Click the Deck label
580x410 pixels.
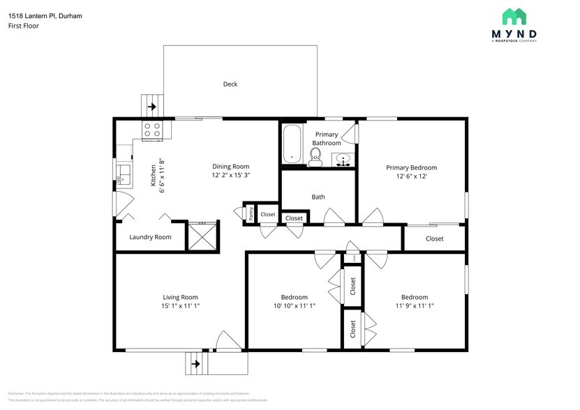230,84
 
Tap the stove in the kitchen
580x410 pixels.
152,129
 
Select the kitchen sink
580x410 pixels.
123,173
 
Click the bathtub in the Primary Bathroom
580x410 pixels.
292,144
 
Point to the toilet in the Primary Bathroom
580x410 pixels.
315,156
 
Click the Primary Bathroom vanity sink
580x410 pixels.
343,160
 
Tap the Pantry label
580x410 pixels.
250,214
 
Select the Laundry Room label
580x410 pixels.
150,237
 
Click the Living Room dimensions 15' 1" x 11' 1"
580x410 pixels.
181,305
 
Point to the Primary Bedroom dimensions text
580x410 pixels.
412,176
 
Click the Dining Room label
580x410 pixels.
231,167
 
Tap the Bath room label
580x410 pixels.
318,197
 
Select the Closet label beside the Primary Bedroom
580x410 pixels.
434,238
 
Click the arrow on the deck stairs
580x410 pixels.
152,107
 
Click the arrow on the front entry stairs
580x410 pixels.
196,363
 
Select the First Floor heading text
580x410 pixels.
24,26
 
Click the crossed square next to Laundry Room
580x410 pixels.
203,236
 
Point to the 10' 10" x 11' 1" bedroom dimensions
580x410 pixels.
294,305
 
